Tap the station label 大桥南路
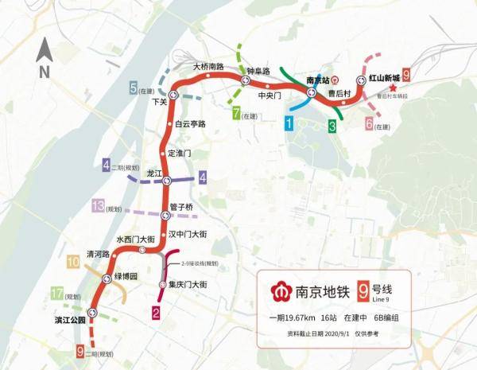pos(208,66)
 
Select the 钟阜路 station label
pos(259,71)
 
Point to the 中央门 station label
pos(271,95)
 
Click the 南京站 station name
pos(321,80)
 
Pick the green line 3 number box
pos(332,126)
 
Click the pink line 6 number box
pos(368,124)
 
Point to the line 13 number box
pos(99,206)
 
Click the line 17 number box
pos(56,294)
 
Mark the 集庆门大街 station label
pos(188,284)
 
